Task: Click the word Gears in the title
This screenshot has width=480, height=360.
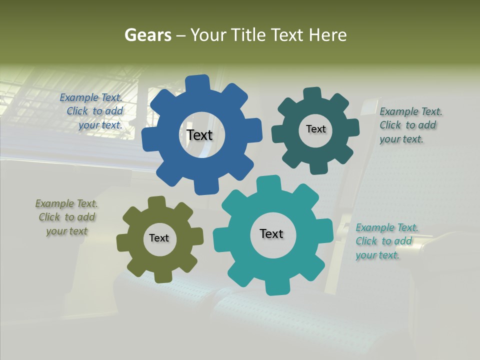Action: pos(147,35)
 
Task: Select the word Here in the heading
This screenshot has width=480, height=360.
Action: pos(327,35)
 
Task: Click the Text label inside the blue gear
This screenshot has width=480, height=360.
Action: pos(199,135)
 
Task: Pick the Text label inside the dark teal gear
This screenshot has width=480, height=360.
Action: pos(315,129)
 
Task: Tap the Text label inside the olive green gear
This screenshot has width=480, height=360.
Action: pos(159,238)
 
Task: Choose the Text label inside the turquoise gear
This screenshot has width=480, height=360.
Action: pos(271,233)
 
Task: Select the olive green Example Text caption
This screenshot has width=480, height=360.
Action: pos(67,217)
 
